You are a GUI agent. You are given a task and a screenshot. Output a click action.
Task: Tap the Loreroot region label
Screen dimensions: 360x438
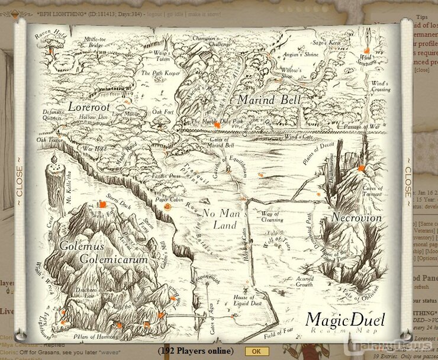click(x=89, y=107)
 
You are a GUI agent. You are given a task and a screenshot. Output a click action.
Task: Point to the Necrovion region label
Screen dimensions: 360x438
click(x=356, y=217)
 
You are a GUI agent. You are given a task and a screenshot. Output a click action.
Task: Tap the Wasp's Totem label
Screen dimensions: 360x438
click(x=162, y=56)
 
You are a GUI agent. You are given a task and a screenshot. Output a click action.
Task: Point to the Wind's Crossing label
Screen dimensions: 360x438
click(x=380, y=86)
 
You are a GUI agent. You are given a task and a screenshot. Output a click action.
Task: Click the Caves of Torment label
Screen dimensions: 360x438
click(x=372, y=191)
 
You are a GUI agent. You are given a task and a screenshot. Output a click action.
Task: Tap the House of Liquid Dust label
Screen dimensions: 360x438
click(x=243, y=300)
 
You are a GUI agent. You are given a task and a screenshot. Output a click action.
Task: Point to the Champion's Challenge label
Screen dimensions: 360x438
click(x=211, y=41)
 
